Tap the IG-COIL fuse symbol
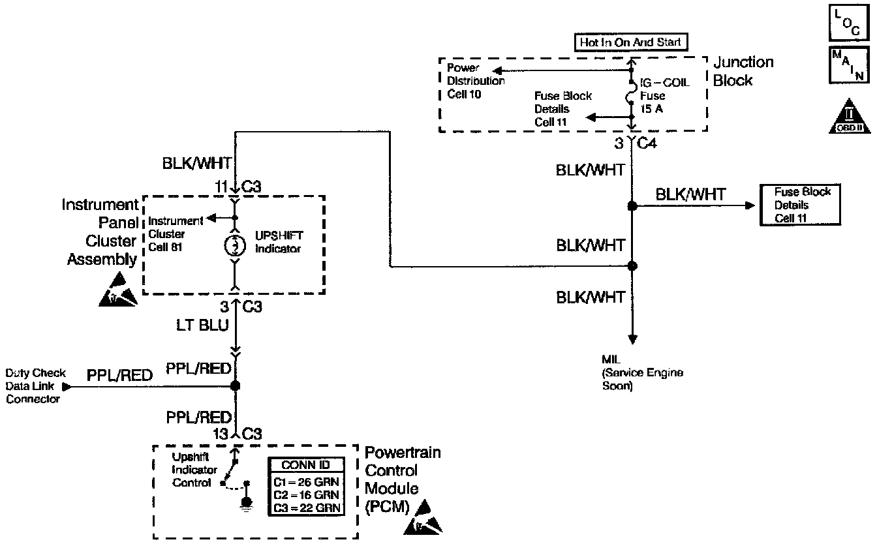[632, 96]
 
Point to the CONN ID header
[306, 465]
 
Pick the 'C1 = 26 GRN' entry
[306, 482]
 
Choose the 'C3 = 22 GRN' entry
[306, 507]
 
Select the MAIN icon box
[848, 65]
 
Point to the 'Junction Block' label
[743, 71]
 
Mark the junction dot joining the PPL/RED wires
[236, 386]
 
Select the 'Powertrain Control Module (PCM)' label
[402, 479]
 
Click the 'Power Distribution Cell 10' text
[476, 81]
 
